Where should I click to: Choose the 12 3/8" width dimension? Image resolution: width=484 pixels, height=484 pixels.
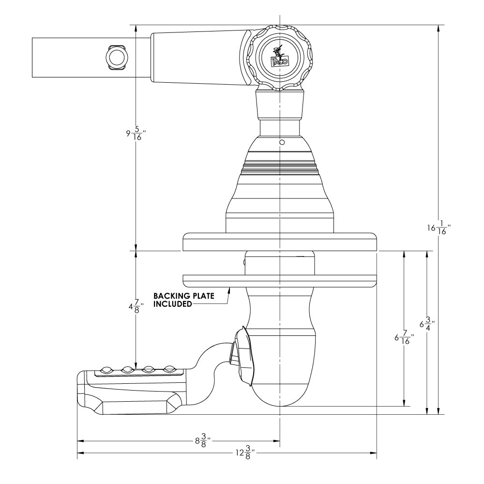(x=245, y=454)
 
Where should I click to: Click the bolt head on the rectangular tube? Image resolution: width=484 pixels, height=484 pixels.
(x=116, y=58)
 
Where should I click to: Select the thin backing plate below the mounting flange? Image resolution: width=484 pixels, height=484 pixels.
(x=279, y=279)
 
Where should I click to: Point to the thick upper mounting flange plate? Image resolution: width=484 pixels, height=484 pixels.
(x=279, y=242)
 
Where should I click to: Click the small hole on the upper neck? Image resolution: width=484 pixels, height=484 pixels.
(x=281, y=143)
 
